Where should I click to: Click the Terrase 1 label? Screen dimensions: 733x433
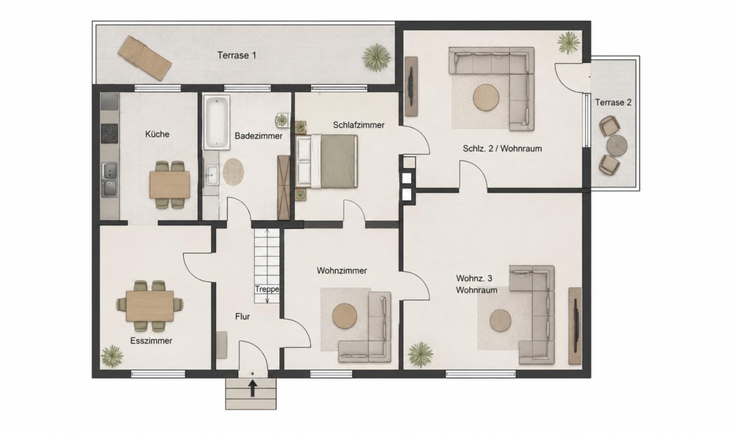pyautogui.click(x=237, y=55)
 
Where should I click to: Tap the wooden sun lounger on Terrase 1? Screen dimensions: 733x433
pyautogui.click(x=145, y=58)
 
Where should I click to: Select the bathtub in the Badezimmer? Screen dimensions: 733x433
pyautogui.click(x=216, y=122)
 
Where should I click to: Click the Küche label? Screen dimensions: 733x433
pyautogui.click(x=157, y=134)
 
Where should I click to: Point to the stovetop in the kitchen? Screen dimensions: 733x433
pyautogui.click(x=109, y=133)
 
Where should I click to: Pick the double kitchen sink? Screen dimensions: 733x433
pyautogui.click(x=109, y=179)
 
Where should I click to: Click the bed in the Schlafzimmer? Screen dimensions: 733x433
pyautogui.click(x=327, y=162)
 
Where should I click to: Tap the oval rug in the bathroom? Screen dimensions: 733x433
pyautogui.click(x=233, y=171)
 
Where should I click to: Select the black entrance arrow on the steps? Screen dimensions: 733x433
pyautogui.click(x=252, y=388)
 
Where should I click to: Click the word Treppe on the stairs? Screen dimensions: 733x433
pyautogui.click(x=267, y=289)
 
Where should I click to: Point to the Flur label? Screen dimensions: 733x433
pyautogui.click(x=243, y=317)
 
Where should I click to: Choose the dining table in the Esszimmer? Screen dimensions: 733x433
pyautogui.click(x=150, y=306)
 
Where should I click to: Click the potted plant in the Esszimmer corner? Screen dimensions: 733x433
pyautogui.click(x=112, y=356)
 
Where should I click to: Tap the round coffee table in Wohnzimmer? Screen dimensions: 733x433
pyautogui.click(x=345, y=316)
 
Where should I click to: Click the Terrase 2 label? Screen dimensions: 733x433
pyautogui.click(x=613, y=102)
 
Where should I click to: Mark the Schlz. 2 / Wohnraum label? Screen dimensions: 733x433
pyautogui.click(x=502, y=149)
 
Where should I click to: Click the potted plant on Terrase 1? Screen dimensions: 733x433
pyautogui.click(x=377, y=58)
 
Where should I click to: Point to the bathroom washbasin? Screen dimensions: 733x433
pyautogui.click(x=212, y=175)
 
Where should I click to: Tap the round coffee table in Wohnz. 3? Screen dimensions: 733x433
pyautogui.click(x=501, y=320)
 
